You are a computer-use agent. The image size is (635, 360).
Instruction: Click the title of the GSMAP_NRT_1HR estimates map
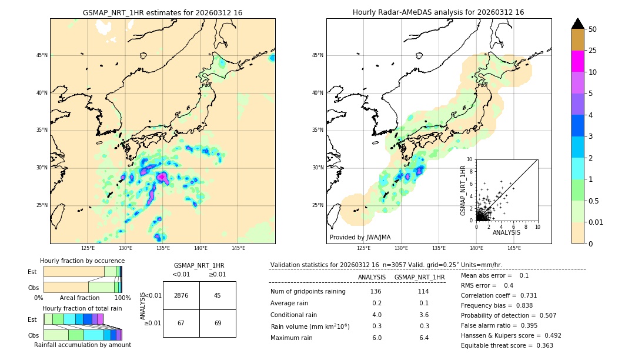pos(162,12)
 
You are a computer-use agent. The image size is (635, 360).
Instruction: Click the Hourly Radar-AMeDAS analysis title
pos(439,12)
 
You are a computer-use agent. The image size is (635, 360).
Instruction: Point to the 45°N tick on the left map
pos(42,55)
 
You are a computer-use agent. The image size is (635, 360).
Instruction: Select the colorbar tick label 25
pos(593,51)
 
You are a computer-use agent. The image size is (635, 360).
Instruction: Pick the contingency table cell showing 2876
pos(181,295)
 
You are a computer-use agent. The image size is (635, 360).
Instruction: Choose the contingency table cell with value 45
pos(218,295)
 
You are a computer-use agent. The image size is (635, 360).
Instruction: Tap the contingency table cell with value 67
pos(181,324)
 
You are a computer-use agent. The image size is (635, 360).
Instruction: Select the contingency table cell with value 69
pos(218,324)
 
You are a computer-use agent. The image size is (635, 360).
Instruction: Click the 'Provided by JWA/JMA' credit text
pos(360,237)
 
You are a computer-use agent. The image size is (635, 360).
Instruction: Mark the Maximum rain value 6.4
pos(423,338)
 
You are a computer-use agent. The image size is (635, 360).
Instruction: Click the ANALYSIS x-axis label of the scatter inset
pos(506,233)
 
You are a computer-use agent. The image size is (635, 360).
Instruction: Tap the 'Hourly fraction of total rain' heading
pos(82,308)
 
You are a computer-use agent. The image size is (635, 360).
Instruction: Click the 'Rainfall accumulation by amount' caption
pos(82,345)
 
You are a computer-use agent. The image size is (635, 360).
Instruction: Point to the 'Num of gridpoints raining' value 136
pos(376,291)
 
